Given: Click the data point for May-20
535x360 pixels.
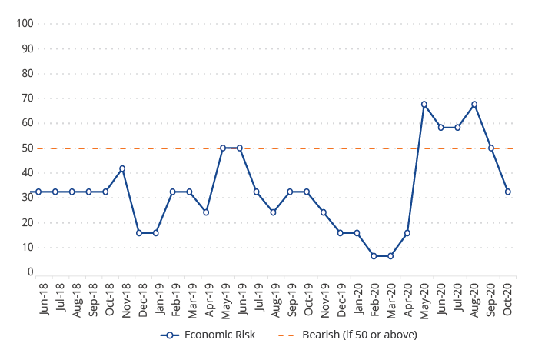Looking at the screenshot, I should (424, 105).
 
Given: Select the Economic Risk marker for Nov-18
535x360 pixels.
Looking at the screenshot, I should (122, 168).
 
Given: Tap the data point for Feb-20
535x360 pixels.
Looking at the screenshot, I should (374, 255).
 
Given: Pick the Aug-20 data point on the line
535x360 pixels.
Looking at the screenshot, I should (474, 105).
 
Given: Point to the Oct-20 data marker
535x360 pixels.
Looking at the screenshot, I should (507, 192).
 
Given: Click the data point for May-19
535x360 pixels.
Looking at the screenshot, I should (223, 148).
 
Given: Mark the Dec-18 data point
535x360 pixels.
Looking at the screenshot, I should (139, 232).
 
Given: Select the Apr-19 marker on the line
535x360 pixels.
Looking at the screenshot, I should (206, 212).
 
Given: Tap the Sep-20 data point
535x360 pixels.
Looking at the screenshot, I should (491, 148).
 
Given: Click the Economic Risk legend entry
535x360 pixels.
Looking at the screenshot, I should (208, 335).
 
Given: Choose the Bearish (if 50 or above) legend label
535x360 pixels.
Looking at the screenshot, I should (360, 335).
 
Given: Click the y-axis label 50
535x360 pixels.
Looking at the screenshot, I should (28, 148).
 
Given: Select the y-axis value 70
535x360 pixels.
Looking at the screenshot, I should (28, 98).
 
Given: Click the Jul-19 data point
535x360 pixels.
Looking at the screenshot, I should (256, 192).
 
